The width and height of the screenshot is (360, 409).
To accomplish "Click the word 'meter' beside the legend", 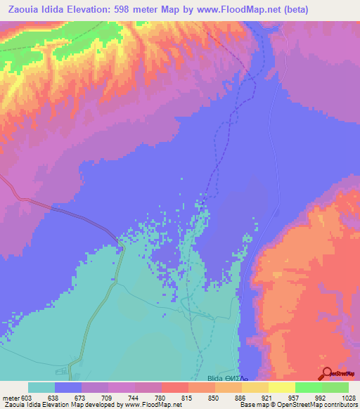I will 10,396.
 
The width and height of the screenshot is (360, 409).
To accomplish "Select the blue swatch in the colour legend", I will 68,387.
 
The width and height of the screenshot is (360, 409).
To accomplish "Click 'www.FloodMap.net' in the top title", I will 237,10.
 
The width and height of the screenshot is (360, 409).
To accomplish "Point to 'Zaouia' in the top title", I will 20,10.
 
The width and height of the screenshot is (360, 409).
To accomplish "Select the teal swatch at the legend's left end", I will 41,387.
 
